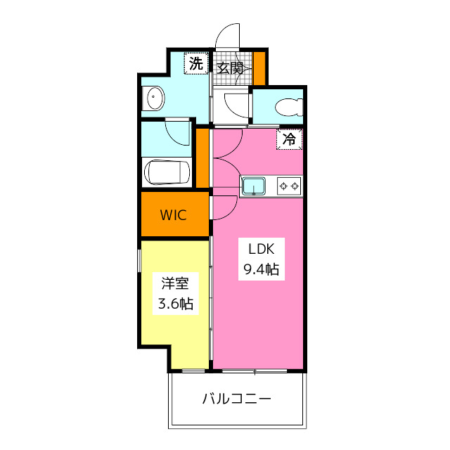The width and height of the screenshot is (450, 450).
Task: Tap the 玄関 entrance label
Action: coord(229,68)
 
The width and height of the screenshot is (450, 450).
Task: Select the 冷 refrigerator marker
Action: coord(289,139)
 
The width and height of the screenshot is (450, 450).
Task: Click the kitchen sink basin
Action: coord(253,186)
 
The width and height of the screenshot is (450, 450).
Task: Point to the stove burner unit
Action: coord(289,186)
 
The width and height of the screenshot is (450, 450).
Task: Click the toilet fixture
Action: coord(288,108)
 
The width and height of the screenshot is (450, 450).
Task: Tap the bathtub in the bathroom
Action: coord(167,172)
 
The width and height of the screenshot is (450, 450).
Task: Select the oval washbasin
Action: coord(153,99)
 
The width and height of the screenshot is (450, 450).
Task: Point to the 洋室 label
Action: coord(175,283)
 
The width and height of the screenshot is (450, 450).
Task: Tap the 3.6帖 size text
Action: coord(175,304)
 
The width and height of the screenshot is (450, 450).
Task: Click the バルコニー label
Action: coord(237,399)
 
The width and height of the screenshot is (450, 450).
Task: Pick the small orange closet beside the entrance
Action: coord(259,67)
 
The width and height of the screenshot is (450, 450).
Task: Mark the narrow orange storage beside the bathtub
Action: coord(202,159)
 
